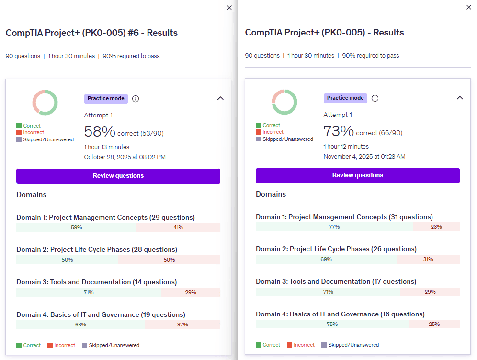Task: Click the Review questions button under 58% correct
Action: [x=118, y=176]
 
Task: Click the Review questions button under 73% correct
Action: [x=358, y=175]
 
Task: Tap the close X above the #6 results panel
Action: [x=229, y=8]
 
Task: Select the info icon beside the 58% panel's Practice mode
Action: [x=136, y=99]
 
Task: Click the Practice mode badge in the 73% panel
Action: [x=345, y=98]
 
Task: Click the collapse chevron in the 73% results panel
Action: [x=460, y=98]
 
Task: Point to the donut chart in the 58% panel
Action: [x=45, y=102]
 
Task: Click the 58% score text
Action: [x=100, y=132]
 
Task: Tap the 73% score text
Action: [x=339, y=131]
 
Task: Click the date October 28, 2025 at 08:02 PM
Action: [x=125, y=157]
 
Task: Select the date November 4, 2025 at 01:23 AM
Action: [x=364, y=157]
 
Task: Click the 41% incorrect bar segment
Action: [x=178, y=227]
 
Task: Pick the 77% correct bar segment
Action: [x=334, y=227]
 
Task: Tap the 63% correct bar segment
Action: [x=80, y=325]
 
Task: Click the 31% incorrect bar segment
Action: [x=428, y=259]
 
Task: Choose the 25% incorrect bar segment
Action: [x=434, y=324]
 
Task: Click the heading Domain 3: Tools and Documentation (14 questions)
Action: [x=96, y=282]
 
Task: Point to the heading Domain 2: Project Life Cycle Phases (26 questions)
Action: [x=336, y=249]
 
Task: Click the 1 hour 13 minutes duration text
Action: [x=106, y=147]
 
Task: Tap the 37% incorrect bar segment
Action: [x=182, y=325]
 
